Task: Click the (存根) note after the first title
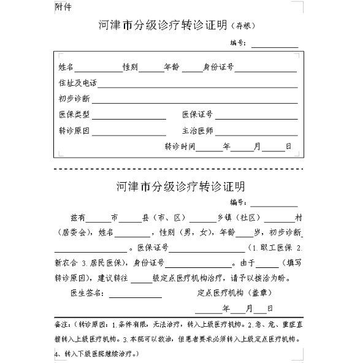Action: point(242,26)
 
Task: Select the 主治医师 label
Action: point(197,131)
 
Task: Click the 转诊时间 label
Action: point(180,147)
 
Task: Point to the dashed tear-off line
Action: point(178,168)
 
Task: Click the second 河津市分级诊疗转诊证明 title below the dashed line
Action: point(180,185)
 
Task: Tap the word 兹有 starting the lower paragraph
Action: point(78,218)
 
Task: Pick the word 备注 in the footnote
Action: point(61,323)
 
